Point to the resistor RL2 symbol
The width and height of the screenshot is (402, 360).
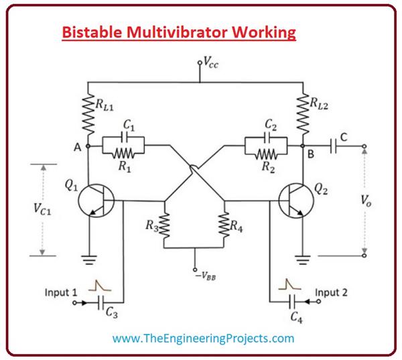click(x=304, y=111)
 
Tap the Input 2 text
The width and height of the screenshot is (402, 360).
click(x=332, y=292)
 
